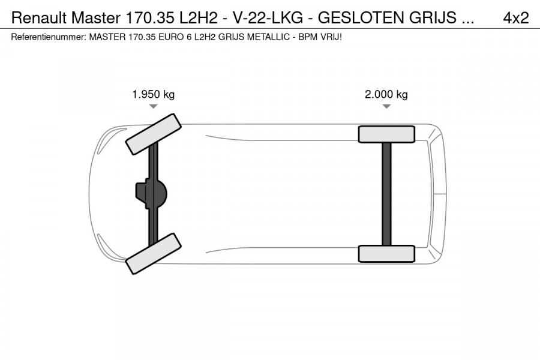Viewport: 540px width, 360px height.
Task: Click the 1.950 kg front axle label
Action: (154, 94)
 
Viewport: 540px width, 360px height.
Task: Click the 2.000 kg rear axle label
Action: (386, 94)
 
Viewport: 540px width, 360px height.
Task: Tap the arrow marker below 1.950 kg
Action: (154, 106)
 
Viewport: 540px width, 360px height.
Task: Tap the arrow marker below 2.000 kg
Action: (386, 106)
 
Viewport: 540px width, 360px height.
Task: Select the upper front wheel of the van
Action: (154, 132)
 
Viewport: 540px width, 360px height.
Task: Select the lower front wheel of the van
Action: (154, 254)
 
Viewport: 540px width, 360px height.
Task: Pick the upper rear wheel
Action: (386, 134)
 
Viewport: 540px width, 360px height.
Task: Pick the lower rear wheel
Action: (386, 253)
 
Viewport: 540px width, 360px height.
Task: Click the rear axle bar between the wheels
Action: (386, 193)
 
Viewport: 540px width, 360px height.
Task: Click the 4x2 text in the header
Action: (515, 18)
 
